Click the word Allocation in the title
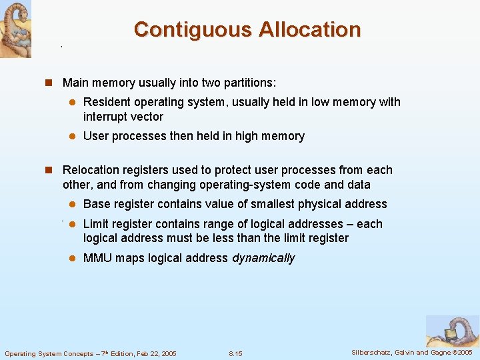[x=309, y=29]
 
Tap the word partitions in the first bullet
[x=249, y=83]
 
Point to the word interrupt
[x=107, y=117]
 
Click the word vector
[x=148, y=117]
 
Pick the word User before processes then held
[x=96, y=136]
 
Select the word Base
[x=97, y=204]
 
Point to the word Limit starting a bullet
[x=97, y=224]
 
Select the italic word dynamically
[x=263, y=258]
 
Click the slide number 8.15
[x=235, y=353]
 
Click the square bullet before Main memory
[x=49, y=83]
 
